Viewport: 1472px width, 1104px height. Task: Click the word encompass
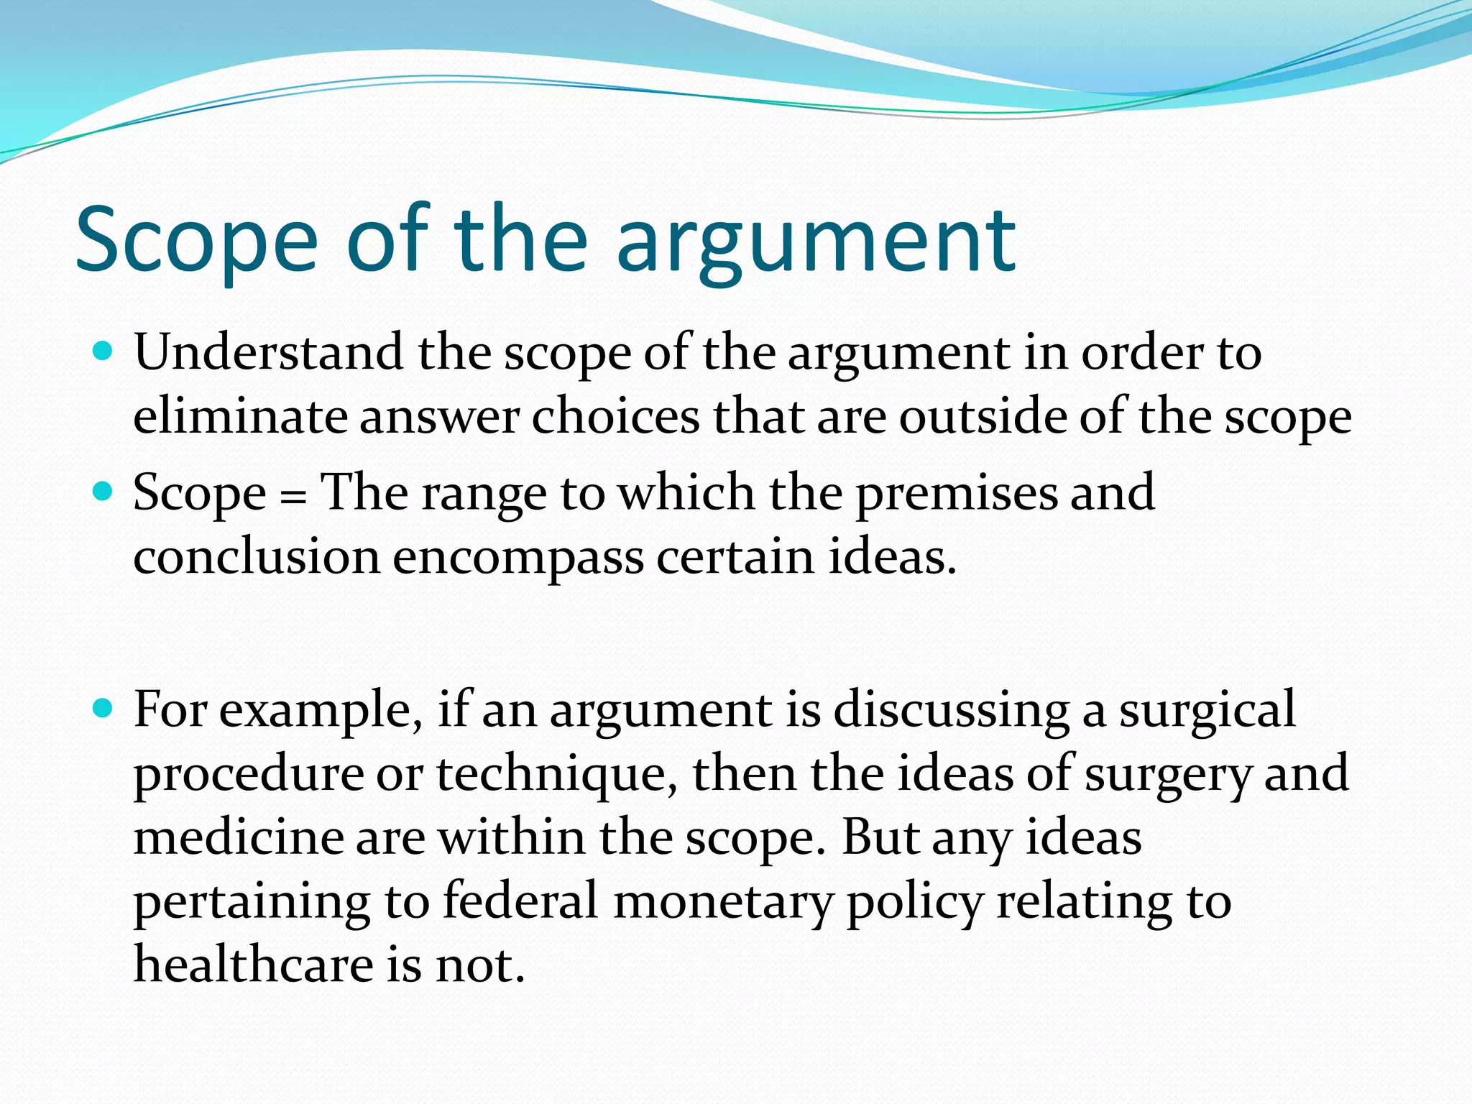coord(517,558)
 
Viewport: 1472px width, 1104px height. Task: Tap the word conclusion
coord(257,557)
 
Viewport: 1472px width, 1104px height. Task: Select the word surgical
coord(1207,710)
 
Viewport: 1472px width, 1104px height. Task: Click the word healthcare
coord(254,965)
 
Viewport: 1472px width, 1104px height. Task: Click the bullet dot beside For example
coord(103,709)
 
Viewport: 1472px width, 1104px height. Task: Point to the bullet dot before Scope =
coord(103,492)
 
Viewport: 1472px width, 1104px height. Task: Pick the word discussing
coord(951,710)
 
